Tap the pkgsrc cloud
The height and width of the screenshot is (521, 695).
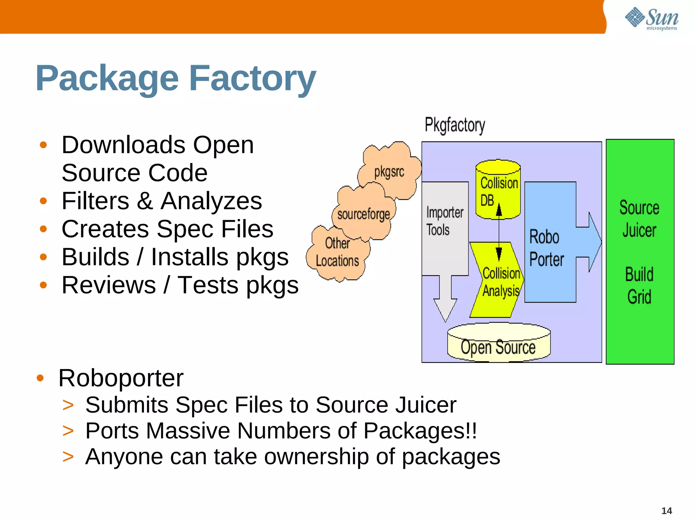389,172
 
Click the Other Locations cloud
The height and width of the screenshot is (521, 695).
337,253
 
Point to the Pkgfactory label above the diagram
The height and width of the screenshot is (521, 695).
455,125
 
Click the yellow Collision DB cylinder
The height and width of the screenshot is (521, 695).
498,190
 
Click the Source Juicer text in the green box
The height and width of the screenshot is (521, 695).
639,219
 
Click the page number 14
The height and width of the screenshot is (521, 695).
666,511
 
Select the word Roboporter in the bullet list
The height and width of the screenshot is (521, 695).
121,378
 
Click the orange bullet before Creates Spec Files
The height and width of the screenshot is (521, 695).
43,229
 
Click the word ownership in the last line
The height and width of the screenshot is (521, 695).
316,457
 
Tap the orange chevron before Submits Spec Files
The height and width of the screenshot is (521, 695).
68,405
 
